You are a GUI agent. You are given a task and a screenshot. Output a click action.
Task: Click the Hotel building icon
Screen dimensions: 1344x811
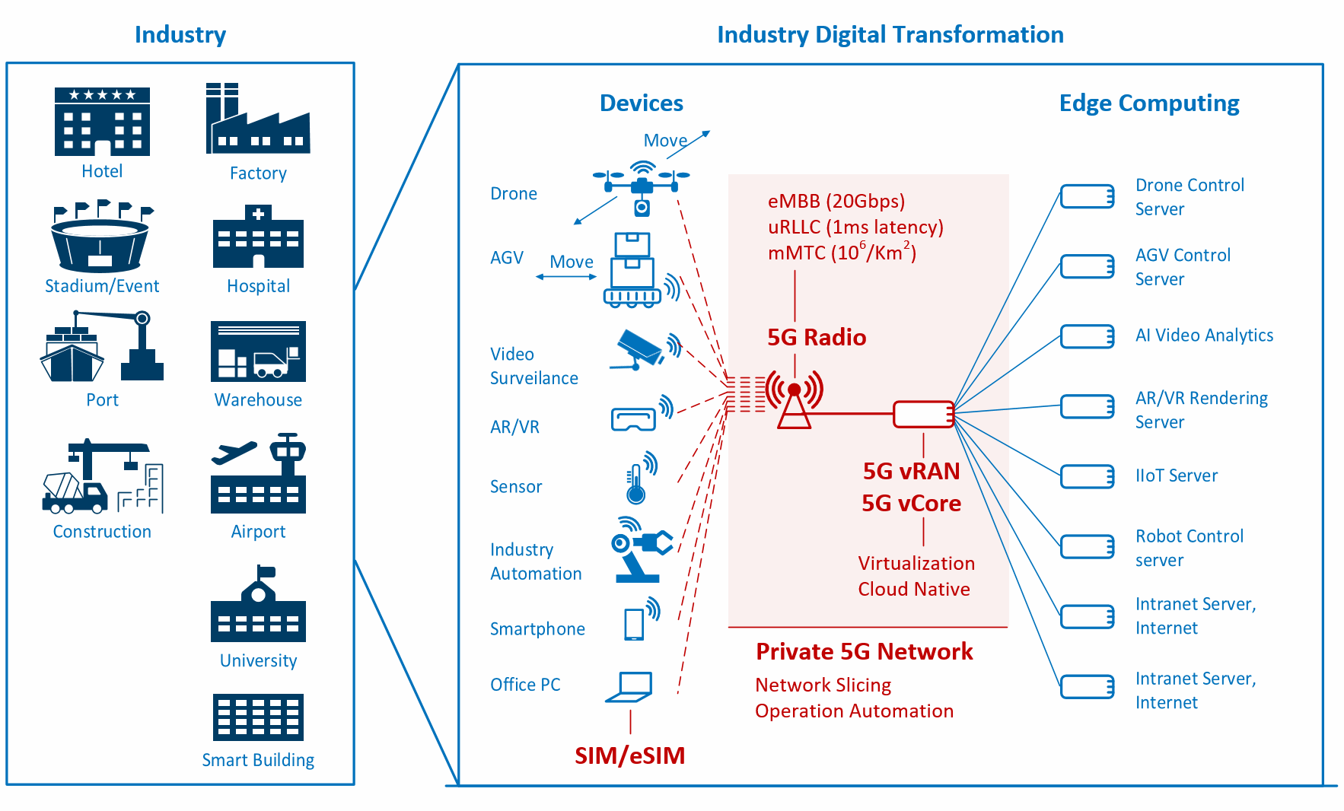102,122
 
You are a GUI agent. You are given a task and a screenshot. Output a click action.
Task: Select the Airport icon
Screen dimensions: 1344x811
258,473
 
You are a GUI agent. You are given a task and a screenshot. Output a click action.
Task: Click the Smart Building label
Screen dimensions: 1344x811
258,760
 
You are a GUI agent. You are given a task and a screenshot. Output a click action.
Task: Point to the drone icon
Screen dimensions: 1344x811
642,186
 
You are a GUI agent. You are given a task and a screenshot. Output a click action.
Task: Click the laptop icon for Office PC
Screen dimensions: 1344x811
629,687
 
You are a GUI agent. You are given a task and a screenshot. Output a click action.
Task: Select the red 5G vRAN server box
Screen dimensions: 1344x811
923,415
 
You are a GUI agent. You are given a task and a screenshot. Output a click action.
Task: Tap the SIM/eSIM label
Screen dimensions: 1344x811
630,755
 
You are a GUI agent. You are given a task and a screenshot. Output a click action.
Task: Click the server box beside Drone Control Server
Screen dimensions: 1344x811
1088,196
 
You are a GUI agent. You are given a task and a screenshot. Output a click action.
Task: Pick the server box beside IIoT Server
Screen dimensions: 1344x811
1088,476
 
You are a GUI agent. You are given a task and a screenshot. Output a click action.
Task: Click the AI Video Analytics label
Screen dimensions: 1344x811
1204,336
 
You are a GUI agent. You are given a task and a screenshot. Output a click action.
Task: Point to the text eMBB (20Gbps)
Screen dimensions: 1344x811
836,201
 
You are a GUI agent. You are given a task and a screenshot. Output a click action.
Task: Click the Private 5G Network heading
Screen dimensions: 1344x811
865,651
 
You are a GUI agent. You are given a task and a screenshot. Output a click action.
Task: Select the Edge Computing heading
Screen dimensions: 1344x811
1149,103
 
